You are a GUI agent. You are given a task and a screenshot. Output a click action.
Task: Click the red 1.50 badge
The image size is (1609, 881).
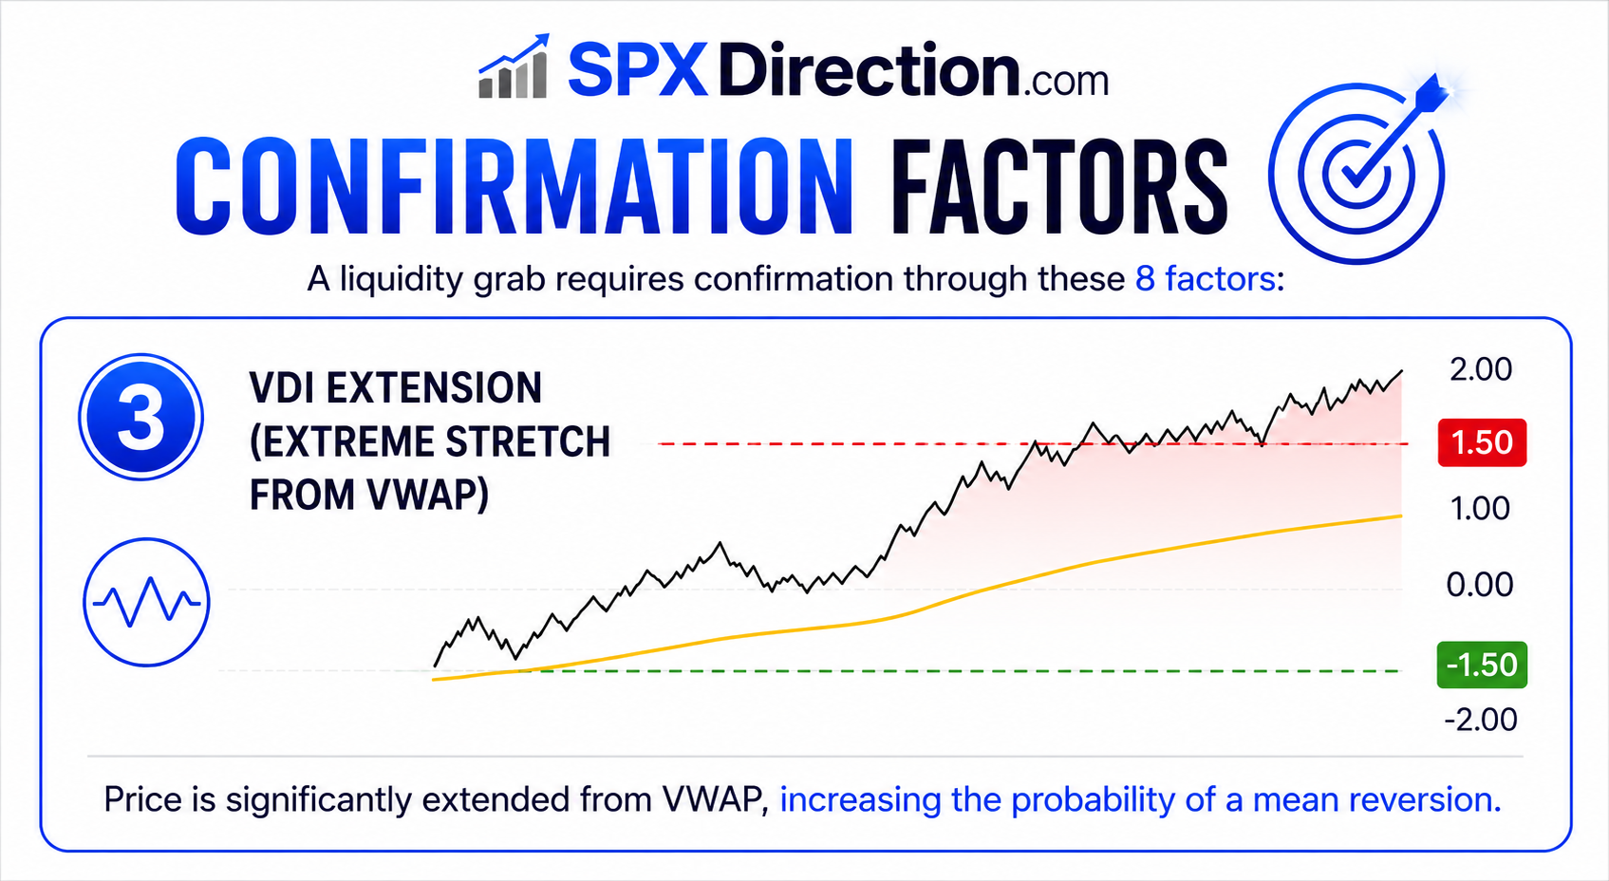pyautogui.click(x=1482, y=442)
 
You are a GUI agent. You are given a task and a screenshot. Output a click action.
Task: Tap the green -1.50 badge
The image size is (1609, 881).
pyautogui.click(x=1482, y=665)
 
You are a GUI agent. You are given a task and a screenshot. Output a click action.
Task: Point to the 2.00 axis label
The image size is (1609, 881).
pyautogui.click(x=1481, y=369)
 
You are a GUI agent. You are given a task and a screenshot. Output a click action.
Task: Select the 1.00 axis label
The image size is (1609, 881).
pyautogui.click(x=1481, y=509)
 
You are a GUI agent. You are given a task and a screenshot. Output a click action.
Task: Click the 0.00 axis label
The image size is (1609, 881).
pyautogui.click(x=1480, y=585)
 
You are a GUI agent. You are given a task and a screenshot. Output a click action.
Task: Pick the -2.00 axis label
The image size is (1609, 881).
pyautogui.click(x=1481, y=720)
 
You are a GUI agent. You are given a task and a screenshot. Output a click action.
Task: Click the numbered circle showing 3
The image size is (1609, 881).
pyautogui.click(x=140, y=417)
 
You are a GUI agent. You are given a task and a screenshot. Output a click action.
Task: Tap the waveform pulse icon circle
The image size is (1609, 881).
pyautogui.click(x=146, y=602)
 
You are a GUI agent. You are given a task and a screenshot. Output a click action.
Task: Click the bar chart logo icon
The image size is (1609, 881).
pyautogui.click(x=515, y=66)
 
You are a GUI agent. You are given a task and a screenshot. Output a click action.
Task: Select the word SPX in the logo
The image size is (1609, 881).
pyautogui.click(x=638, y=69)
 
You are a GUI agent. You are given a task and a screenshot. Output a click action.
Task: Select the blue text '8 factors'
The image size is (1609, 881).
pyautogui.click(x=1205, y=279)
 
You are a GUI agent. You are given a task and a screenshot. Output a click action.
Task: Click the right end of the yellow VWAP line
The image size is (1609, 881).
pyautogui.click(x=1401, y=515)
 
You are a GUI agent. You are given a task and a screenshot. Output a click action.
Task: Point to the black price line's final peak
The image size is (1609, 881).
pyautogui.click(x=1401, y=371)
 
